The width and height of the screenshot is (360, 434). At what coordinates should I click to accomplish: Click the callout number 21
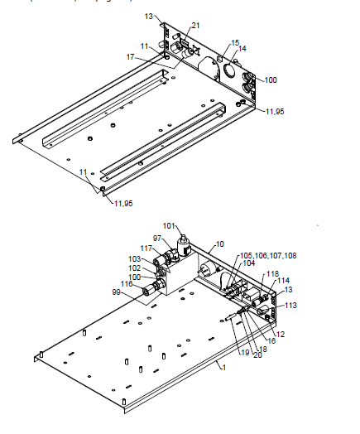pyautogui.click(x=195, y=27)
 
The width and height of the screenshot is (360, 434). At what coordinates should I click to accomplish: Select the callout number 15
pyautogui.click(x=235, y=41)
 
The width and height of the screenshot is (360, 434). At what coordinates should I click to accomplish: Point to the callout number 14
pyautogui.click(x=242, y=49)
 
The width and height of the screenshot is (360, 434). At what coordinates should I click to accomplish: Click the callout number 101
pyautogui.click(x=169, y=224)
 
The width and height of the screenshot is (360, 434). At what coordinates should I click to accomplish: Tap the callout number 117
pyautogui.click(x=146, y=248)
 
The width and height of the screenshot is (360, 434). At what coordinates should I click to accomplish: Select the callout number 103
pyautogui.click(x=134, y=259)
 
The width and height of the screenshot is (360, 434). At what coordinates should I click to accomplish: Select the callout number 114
pyautogui.click(x=284, y=281)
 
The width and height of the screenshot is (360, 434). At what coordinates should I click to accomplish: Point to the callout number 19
pyautogui.click(x=244, y=352)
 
